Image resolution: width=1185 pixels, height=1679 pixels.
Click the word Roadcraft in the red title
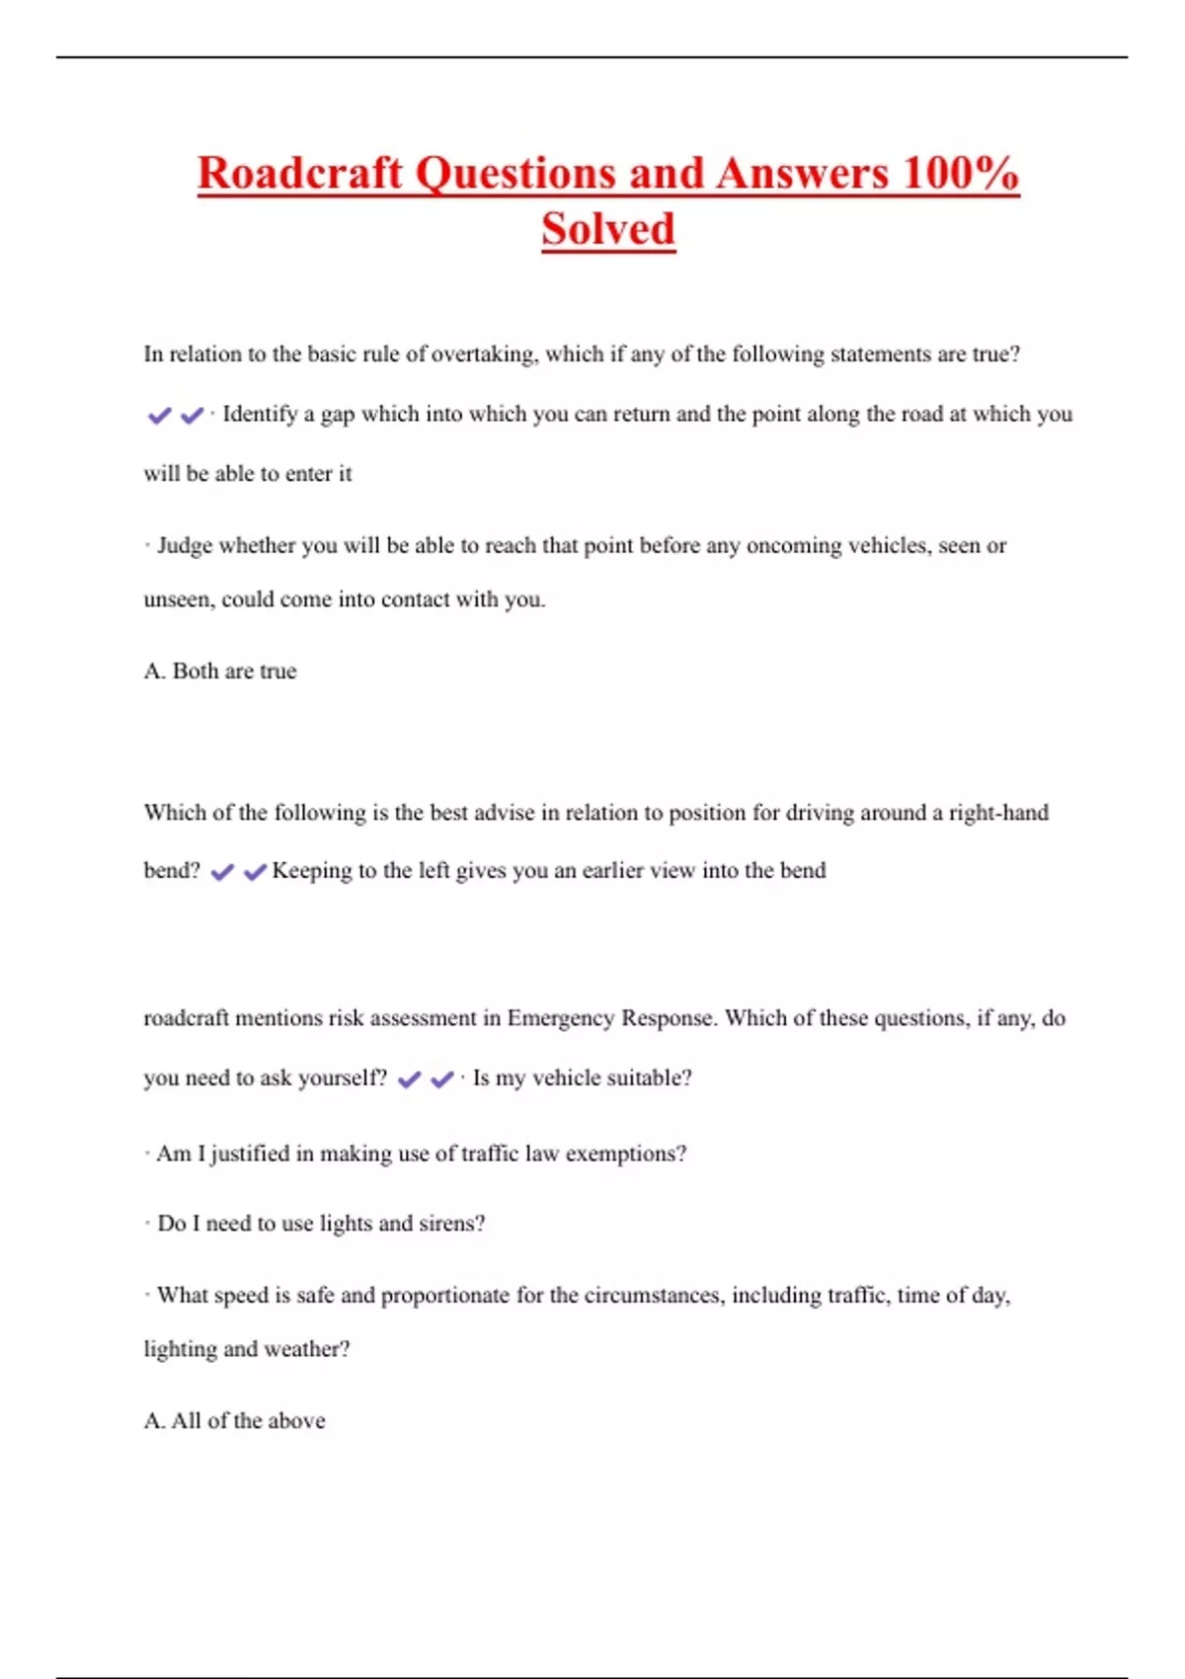[x=300, y=173]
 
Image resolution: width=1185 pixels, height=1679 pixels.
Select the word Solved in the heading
[x=608, y=229]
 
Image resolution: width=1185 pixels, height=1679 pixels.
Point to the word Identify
[x=260, y=414]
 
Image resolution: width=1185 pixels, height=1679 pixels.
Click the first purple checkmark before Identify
[x=159, y=416]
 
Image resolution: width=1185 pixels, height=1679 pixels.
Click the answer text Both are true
[x=234, y=672]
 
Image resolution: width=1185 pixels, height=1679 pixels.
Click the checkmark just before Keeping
[x=255, y=872]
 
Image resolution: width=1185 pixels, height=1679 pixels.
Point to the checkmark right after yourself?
[x=409, y=1079]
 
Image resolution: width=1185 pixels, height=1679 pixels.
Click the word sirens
[x=451, y=1224]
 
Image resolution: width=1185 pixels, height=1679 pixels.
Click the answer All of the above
[x=248, y=1421]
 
